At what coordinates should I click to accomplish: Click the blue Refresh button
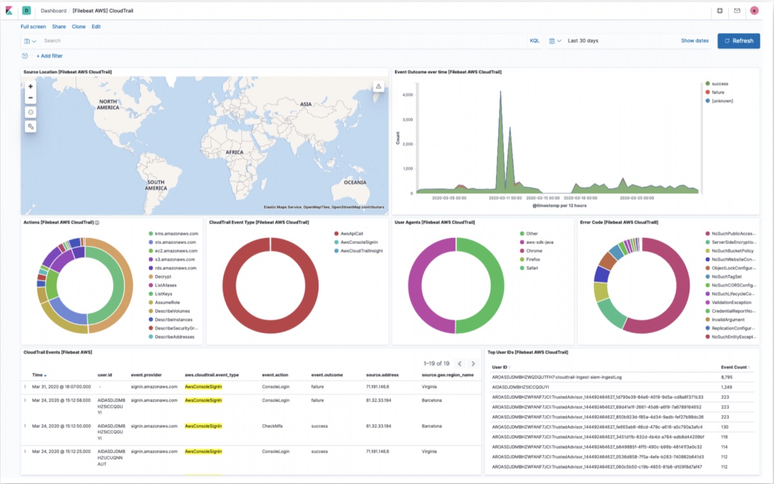[x=739, y=41]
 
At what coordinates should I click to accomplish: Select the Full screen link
[x=33, y=26]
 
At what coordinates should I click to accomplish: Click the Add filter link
[x=50, y=56]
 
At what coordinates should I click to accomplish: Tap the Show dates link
[x=694, y=41]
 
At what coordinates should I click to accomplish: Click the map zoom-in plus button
[x=30, y=86]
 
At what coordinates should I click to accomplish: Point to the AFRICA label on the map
[x=234, y=152]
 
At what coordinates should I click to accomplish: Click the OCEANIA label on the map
[x=354, y=183]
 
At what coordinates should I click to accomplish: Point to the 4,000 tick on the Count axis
[x=407, y=95]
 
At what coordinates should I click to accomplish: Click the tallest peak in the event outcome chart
[x=499, y=92]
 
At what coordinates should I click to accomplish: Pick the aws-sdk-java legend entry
[x=541, y=242]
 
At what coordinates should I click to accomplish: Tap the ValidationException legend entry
[x=732, y=302]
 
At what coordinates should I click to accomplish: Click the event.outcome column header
[x=326, y=374]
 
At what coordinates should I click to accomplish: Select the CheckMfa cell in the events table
[x=275, y=426]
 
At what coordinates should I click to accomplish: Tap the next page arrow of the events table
[x=473, y=364]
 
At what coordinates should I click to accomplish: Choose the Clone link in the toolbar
[x=79, y=26]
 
